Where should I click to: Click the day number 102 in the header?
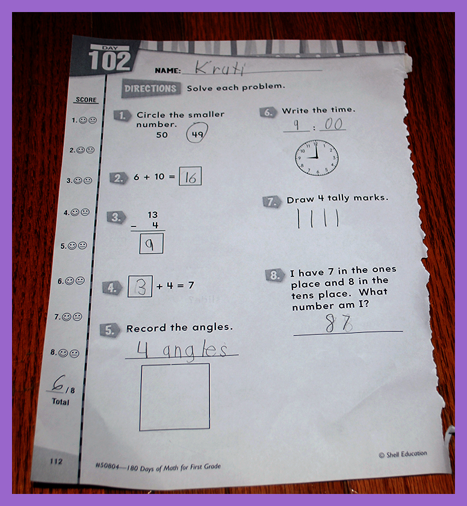pos(110,61)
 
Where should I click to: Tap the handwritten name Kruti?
pos(220,67)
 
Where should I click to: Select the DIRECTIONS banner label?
pos(150,89)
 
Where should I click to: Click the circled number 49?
pos(197,133)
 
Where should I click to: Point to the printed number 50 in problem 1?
pos(162,135)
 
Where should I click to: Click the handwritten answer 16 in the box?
pos(191,177)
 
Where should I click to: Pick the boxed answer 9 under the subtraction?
pos(149,245)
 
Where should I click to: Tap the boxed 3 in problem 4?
pos(141,287)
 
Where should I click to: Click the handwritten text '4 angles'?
pos(182,349)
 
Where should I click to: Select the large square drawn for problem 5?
pos(140,398)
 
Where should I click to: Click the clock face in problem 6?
pos(317,158)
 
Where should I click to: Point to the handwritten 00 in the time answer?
pos(333,124)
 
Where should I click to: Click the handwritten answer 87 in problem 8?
pos(339,323)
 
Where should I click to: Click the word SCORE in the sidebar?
pos(86,100)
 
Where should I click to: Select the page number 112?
pos(56,461)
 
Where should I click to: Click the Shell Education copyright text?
pos(403,454)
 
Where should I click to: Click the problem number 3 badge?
pos(116,217)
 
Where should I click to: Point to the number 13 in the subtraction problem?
pos(152,215)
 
